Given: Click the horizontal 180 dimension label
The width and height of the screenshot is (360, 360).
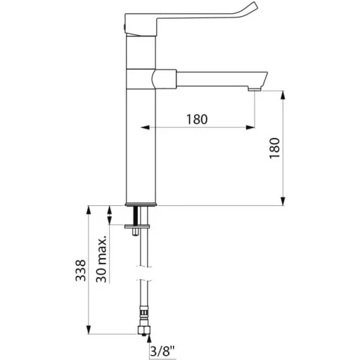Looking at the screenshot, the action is pyautogui.click(x=197, y=119).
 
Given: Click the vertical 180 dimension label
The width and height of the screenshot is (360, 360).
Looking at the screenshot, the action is pyautogui.click(x=274, y=148).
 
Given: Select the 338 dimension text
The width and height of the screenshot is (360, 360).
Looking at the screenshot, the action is pyautogui.click(x=81, y=270).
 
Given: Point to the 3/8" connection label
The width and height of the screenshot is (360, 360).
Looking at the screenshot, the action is pyautogui.click(x=162, y=351).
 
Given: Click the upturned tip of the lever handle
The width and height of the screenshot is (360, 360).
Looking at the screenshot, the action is pyautogui.click(x=254, y=6).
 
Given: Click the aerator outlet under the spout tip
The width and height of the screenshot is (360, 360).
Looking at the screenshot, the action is pyautogui.click(x=255, y=89).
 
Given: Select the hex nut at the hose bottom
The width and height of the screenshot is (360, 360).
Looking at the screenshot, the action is pyautogui.click(x=143, y=330).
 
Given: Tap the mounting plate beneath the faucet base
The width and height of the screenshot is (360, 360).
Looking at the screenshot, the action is pyautogui.click(x=137, y=226).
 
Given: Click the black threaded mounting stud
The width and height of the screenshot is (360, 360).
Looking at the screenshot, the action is pyautogui.click(x=136, y=215).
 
